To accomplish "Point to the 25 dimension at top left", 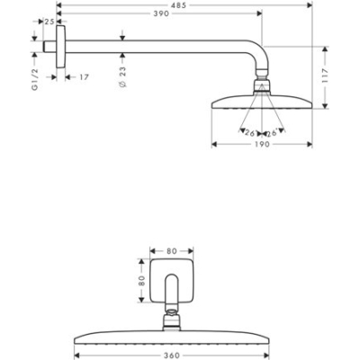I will click(x=49, y=20).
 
